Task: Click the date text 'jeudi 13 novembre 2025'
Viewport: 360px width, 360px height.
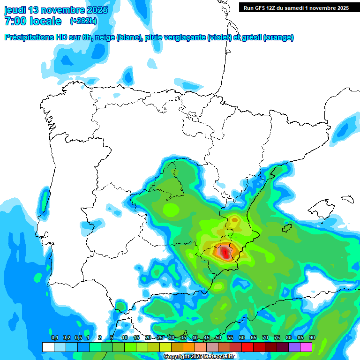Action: [x=56, y=10]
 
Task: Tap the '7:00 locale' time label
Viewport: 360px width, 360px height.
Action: [x=33, y=21]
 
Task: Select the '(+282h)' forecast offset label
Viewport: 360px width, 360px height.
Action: [x=83, y=21]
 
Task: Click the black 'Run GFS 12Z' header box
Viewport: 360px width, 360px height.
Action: [x=296, y=7]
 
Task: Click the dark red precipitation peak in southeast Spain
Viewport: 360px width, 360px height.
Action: [x=226, y=253]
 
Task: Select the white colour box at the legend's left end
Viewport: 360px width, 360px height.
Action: [x=48, y=347]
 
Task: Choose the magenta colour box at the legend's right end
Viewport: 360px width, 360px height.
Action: [x=306, y=347]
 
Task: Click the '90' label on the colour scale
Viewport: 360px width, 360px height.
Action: [x=312, y=338]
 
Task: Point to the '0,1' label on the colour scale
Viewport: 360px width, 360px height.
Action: [x=54, y=338]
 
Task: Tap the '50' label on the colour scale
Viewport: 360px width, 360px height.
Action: [x=218, y=338]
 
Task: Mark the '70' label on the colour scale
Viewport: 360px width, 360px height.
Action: [x=265, y=338]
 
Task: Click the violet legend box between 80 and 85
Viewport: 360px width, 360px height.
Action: [x=294, y=347]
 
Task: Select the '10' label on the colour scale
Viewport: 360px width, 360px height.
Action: [x=125, y=338]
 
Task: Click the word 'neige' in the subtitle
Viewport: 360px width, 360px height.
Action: [x=105, y=37]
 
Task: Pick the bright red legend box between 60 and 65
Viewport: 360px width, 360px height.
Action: [x=247, y=347]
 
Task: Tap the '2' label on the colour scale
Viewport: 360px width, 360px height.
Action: [x=100, y=338]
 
